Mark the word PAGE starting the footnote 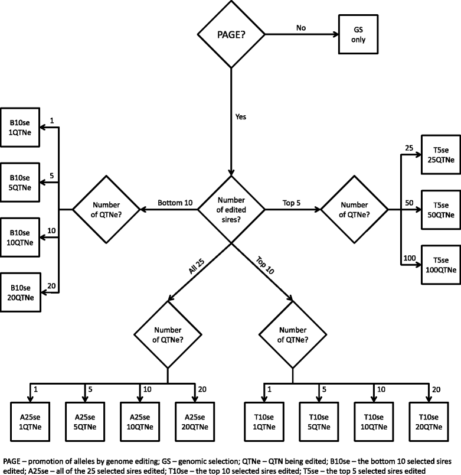click(12, 460)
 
